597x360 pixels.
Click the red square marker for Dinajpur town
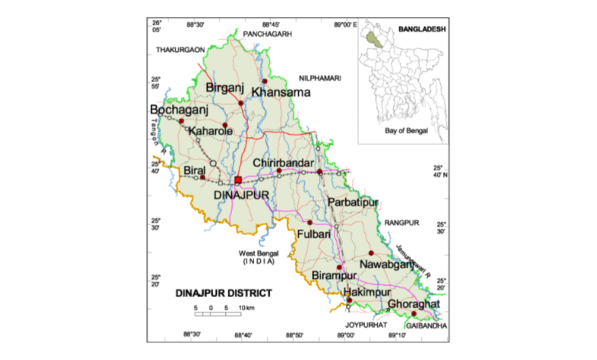pos(238,179)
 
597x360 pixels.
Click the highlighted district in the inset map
pos(374,35)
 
